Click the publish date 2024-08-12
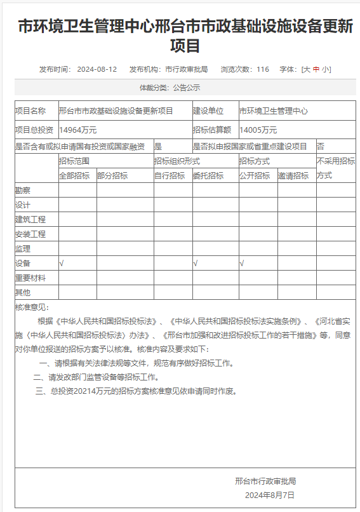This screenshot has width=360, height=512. tap(97, 69)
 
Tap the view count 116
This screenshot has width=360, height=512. tap(263, 69)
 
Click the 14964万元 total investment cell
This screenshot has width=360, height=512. tap(77, 130)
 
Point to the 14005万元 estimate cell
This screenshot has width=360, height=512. tap(258, 130)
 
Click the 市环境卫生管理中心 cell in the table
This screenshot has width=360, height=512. tap(273, 111)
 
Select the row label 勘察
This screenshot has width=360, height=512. tap(22, 190)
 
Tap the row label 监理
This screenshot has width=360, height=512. tap(22, 248)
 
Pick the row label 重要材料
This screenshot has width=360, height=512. tap(30, 278)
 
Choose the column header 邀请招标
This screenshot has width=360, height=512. tap(293, 175)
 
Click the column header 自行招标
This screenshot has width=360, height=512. tap(169, 175)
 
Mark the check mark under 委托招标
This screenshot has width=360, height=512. tap(196, 263)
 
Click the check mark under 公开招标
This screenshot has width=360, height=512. tap(242, 263)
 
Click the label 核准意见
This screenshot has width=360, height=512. tap(30, 307)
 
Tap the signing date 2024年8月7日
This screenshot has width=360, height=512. tap(270, 495)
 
